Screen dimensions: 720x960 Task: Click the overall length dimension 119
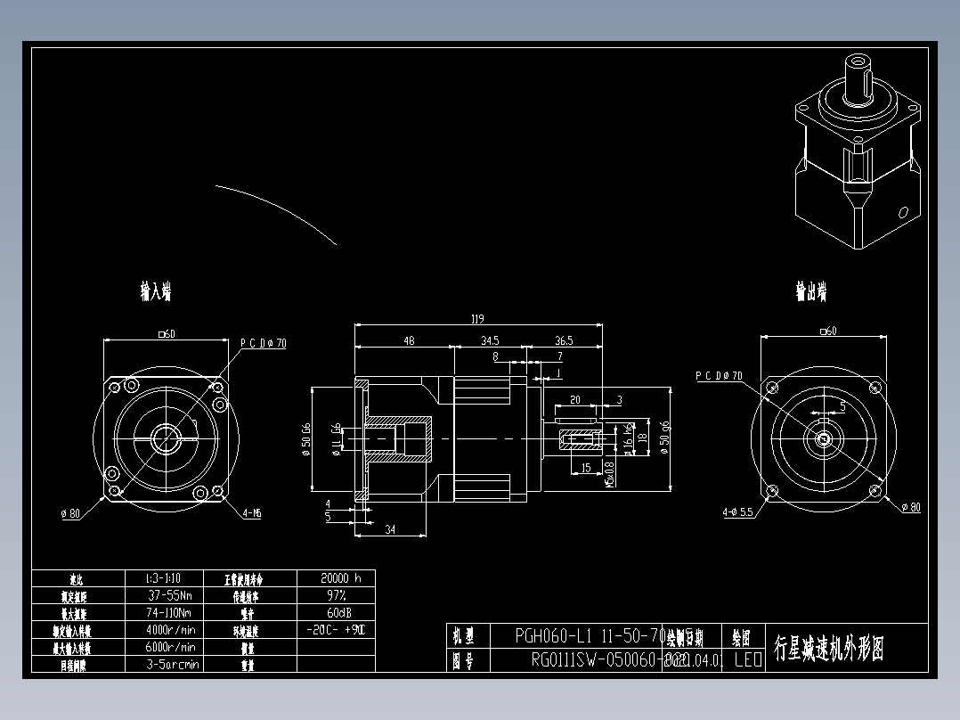click(x=477, y=318)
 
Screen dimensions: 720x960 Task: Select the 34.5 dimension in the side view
click(x=490, y=340)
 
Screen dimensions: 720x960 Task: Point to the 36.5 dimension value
click(x=564, y=340)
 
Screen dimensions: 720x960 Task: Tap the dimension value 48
click(x=409, y=340)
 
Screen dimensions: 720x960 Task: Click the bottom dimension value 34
click(x=389, y=529)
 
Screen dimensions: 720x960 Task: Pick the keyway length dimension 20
click(x=574, y=400)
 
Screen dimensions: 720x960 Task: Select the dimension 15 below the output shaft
click(x=585, y=468)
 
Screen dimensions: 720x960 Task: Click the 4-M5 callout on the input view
click(x=251, y=513)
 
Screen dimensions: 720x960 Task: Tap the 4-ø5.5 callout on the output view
click(x=738, y=512)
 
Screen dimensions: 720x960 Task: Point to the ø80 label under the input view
click(x=70, y=513)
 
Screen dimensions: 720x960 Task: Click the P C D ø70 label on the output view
click(x=719, y=376)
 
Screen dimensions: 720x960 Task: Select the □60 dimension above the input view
click(x=166, y=333)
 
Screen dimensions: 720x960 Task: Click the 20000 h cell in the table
click(x=336, y=577)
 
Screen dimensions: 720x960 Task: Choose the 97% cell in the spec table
click(x=336, y=594)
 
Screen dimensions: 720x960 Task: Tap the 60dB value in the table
click(x=336, y=612)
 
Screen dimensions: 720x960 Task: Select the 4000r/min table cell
click(x=172, y=630)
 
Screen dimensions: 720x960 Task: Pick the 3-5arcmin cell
click(x=172, y=664)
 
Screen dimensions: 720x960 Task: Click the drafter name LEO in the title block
click(x=747, y=660)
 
